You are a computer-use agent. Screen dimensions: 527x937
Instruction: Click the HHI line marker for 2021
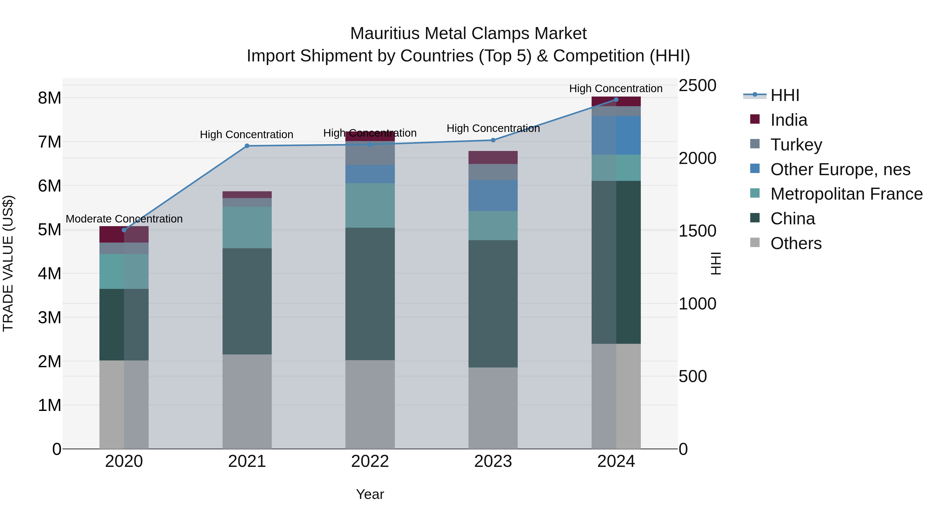pos(247,146)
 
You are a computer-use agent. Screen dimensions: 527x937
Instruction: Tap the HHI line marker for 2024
pos(616,99)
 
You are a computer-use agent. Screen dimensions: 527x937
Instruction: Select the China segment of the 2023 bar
pos(493,304)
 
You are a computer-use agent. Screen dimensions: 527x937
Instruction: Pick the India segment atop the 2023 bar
pos(493,157)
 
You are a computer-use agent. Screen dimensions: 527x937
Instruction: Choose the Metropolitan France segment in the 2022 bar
pos(370,206)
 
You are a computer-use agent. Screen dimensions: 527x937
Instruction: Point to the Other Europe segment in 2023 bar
pos(493,196)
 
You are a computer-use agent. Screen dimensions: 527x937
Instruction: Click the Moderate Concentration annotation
pos(124,219)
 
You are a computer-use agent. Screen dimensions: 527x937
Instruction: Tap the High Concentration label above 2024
pos(616,88)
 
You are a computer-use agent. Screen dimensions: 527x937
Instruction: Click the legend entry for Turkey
pos(796,145)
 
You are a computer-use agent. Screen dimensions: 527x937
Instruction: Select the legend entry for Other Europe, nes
pos(840,169)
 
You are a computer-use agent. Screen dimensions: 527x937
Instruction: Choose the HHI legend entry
pos(784,95)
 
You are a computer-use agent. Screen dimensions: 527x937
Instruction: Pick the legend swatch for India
pos(755,119)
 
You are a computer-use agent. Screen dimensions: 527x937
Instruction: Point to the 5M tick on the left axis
pos(49,230)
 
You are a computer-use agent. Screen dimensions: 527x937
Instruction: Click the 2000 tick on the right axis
pos(697,158)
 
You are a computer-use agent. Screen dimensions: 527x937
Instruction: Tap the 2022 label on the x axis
pos(370,461)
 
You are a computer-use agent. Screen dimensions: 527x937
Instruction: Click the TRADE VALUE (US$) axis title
pos(8,263)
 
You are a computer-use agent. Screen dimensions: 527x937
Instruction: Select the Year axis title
pos(370,494)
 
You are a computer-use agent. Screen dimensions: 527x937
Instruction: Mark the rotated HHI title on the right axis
pos(716,263)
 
